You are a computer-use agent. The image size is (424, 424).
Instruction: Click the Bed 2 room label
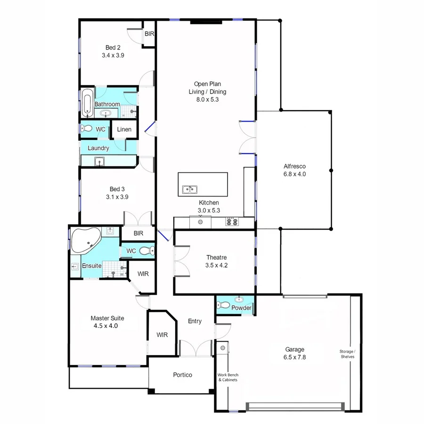(113, 47)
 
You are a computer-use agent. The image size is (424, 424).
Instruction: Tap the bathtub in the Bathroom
(87, 103)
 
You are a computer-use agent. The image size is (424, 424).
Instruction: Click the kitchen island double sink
(190, 190)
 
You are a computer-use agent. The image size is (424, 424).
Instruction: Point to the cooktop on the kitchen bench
(231, 221)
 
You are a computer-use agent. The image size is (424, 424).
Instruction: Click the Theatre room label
(216, 258)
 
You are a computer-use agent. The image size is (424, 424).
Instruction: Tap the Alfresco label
(295, 166)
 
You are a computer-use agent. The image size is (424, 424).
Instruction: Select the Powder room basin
(239, 299)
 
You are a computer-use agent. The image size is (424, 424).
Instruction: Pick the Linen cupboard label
(124, 130)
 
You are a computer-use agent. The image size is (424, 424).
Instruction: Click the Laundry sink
(99, 162)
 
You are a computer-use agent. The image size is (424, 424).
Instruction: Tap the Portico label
(182, 375)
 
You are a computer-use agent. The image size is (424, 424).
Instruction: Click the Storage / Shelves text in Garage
(348, 354)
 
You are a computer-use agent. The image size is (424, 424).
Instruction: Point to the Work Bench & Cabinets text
(228, 377)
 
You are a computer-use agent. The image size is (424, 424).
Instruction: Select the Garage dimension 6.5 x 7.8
(294, 357)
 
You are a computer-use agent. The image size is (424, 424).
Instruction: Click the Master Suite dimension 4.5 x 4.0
(107, 326)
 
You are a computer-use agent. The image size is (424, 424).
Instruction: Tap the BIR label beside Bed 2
(149, 34)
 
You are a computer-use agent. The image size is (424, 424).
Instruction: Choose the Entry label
(195, 321)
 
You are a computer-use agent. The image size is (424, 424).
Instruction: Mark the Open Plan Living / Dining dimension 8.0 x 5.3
(207, 99)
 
